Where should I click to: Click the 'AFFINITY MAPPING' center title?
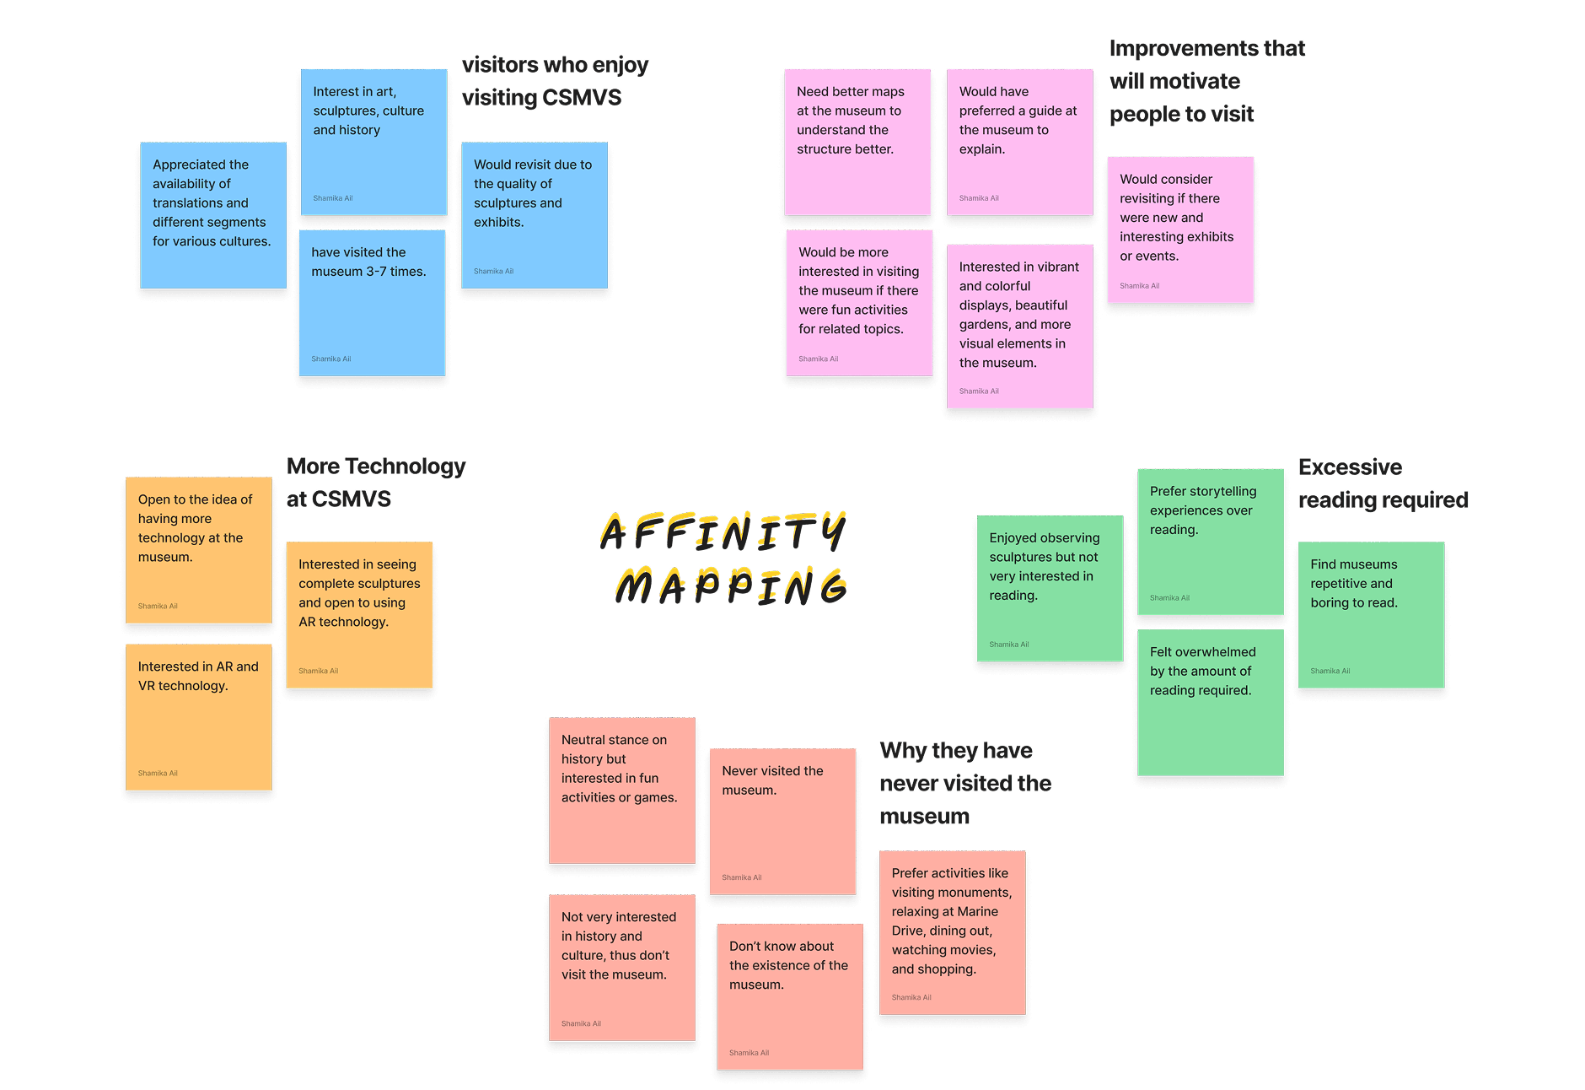click(723, 558)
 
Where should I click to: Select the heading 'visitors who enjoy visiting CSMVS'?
click(554, 81)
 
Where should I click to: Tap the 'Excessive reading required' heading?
click(1382, 483)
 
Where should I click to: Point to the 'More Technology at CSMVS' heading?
click(375, 483)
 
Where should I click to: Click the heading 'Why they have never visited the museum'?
click(964, 783)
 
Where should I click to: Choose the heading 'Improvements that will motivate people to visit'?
click(1206, 81)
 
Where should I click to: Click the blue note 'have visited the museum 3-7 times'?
click(372, 303)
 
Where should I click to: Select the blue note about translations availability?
click(213, 215)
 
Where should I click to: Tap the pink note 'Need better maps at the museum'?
click(857, 142)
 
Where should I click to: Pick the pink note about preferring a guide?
click(1019, 142)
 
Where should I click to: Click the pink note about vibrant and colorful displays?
click(1019, 326)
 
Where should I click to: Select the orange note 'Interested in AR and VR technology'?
click(198, 717)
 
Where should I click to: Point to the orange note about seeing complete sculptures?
click(359, 614)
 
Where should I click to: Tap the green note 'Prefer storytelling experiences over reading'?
click(1210, 542)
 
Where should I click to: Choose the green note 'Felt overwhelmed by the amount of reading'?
click(1210, 702)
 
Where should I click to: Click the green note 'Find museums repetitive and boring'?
click(1371, 614)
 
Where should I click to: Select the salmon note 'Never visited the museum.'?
click(782, 821)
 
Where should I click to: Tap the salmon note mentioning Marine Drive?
click(952, 932)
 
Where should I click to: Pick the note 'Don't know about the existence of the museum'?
click(789, 996)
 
